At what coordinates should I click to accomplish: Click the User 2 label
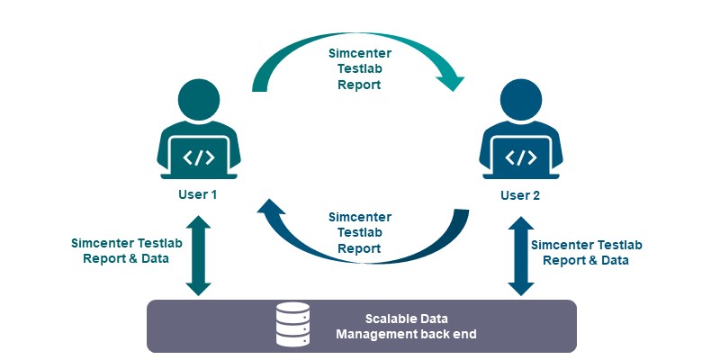click(x=520, y=194)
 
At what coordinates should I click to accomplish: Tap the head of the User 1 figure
click(x=198, y=100)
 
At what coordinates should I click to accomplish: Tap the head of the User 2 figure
click(x=520, y=100)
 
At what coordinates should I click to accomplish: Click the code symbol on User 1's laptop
click(x=198, y=157)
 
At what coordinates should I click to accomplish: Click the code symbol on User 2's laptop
click(x=520, y=157)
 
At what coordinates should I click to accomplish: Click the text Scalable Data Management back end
click(x=406, y=327)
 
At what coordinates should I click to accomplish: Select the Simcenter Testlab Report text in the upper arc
click(x=359, y=69)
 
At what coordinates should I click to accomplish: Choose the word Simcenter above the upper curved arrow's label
click(x=359, y=54)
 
